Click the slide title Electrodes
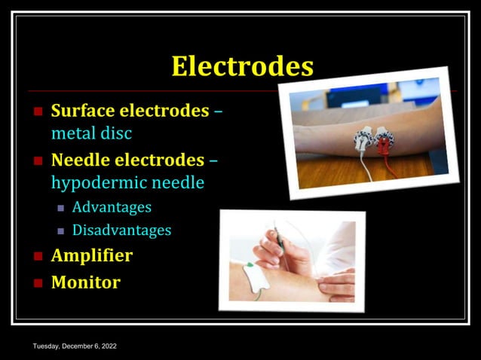(242, 66)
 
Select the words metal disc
(91, 133)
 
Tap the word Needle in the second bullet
(78, 160)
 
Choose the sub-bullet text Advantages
(112, 207)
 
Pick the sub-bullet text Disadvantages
(121, 230)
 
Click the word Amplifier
(91, 255)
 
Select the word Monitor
(85, 282)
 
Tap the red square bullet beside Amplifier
(38, 256)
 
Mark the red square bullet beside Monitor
(38, 283)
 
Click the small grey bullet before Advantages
(62, 208)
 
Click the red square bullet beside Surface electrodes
(38, 111)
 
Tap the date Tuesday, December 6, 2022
(75, 346)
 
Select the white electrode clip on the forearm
(364, 139)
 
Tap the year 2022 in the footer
(109, 346)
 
